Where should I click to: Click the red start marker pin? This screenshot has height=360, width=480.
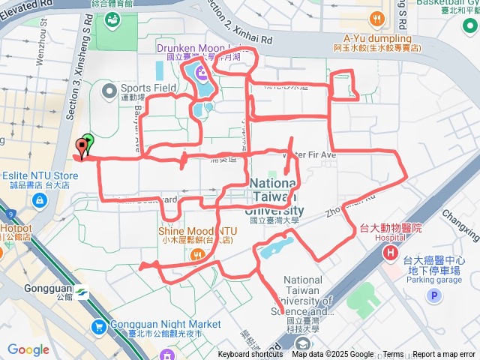tap(81, 146)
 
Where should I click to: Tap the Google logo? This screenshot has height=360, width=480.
tap(28, 349)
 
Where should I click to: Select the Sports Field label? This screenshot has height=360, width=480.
tap(148, 88)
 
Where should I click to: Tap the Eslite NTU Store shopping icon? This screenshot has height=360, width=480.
tap(40, 201)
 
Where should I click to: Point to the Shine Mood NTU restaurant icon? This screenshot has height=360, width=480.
tap(197, 254)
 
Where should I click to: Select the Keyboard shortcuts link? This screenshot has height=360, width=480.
tap(250, 355)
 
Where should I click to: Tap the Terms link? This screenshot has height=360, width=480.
tap(393, 355)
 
